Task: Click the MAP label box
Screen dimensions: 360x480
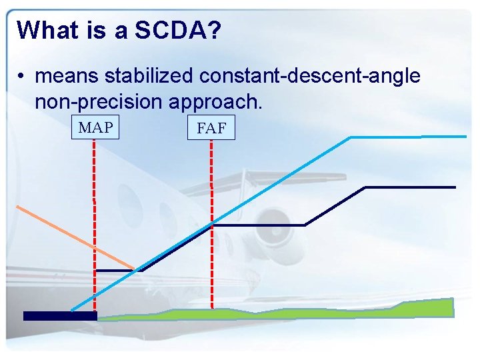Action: (95, 127)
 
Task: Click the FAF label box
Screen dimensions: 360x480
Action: (211, 129)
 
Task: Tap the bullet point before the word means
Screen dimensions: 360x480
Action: (22, 77)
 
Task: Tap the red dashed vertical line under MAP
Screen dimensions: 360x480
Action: (94, 220)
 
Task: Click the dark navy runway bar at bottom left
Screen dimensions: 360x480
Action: (60, 316)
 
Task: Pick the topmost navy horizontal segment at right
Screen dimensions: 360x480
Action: (410, 187)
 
